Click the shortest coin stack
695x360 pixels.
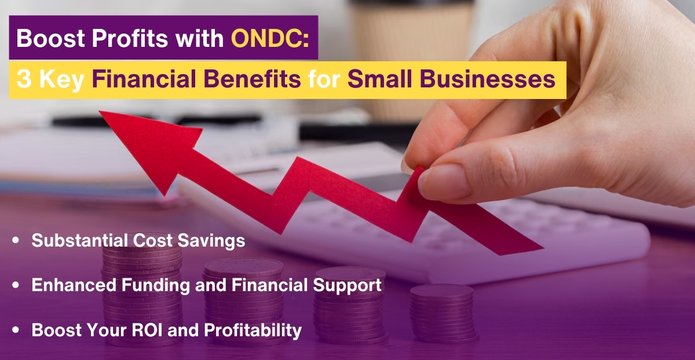tap(443, 313)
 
